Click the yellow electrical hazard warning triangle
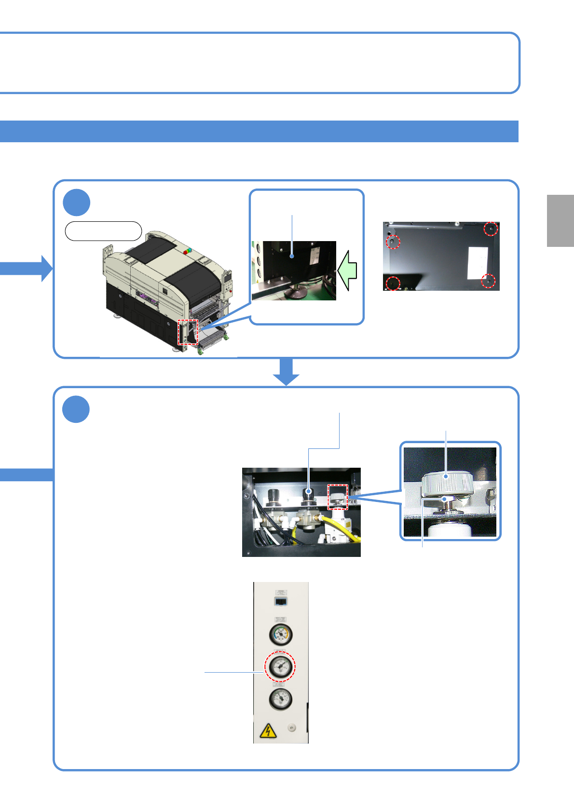pyautogui.click(x=268, y=731)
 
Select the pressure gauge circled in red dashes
pyautogui.click(x=280, y=666)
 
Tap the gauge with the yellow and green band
pyautogui.click(x=280, y=635)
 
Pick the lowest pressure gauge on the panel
pyautogui.click(x=280, y=699)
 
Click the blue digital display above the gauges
pyautogui.click(x=281, y=601)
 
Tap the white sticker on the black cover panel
pyautogui.click(x=478, y=263)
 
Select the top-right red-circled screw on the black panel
pyautogui.click(x=491, y=229)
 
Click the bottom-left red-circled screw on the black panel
pyautogui.click(x=393, y=283)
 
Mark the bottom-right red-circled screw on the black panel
pyautogui.click(x=489, y=281)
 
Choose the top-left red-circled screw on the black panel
pyautogui.click(x=393, y=241)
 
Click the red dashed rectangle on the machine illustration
pyautogui.click(x=188, y=332)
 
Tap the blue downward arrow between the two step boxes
pyautogui.click(x=287, y=372)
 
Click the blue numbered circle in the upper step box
pyautogui.click(x=77, y=203)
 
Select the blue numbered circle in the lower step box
pyautogui.click(x=76, y=409)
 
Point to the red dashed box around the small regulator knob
pyautogui.click(x=338, y=497)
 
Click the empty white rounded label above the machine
pyautogui.click(x=103, y=231)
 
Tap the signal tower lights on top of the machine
pyautogui.click(x=187, y=251)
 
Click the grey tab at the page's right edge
pyautogui.click(x=560, y=221)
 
